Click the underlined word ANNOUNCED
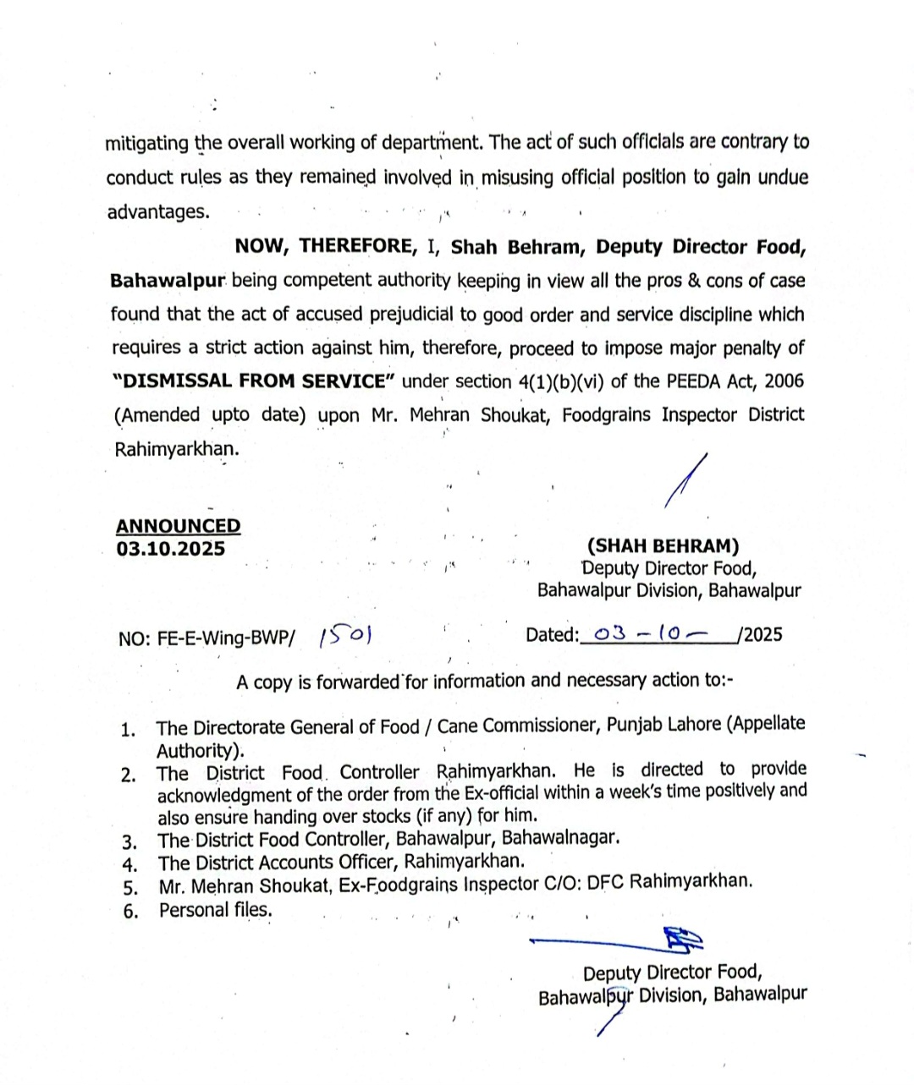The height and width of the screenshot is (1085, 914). click(x=178, y=526)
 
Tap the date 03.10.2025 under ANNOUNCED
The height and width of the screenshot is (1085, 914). click(x=171, y=549)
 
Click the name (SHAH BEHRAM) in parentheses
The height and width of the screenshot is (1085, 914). click(x=663, y=546)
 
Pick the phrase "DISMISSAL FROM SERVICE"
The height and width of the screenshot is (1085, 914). click(x=254, y=381)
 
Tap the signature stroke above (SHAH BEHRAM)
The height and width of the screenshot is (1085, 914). click(x=686, y=483)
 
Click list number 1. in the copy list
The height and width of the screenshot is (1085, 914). click(x=129, y=730)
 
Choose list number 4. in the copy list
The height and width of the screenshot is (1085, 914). click(x=130, y=864)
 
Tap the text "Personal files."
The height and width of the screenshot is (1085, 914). click(x=216, y=910)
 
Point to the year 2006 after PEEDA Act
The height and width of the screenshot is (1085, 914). click(x=784, y=381)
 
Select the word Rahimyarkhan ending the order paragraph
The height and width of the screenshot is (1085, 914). click(x=176, y=449)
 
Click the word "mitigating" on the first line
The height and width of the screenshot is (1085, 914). click(x=146, y=143)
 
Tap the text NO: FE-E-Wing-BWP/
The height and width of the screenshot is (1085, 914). click(x=207, y=638)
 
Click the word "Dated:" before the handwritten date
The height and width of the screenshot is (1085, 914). click(x=552, y=635)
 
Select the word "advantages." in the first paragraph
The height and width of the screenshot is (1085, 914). click(x=157, y=211)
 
